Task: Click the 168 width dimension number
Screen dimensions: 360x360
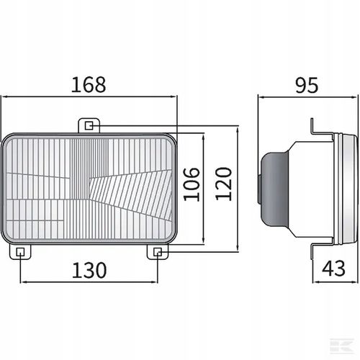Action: point(89,85)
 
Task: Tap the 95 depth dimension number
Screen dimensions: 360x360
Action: point(307,85)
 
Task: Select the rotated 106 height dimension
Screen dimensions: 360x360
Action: point(192,184)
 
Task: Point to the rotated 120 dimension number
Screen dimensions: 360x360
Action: point(223,184)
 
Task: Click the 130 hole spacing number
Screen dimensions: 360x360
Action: point(89,271)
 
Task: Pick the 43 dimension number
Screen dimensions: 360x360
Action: point(333,269)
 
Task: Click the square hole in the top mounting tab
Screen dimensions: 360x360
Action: point(89,125)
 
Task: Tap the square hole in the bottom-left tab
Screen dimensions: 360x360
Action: point(20,252)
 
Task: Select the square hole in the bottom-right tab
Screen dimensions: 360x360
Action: point(158,252)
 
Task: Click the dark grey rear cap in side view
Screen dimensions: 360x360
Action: point(274,189)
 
